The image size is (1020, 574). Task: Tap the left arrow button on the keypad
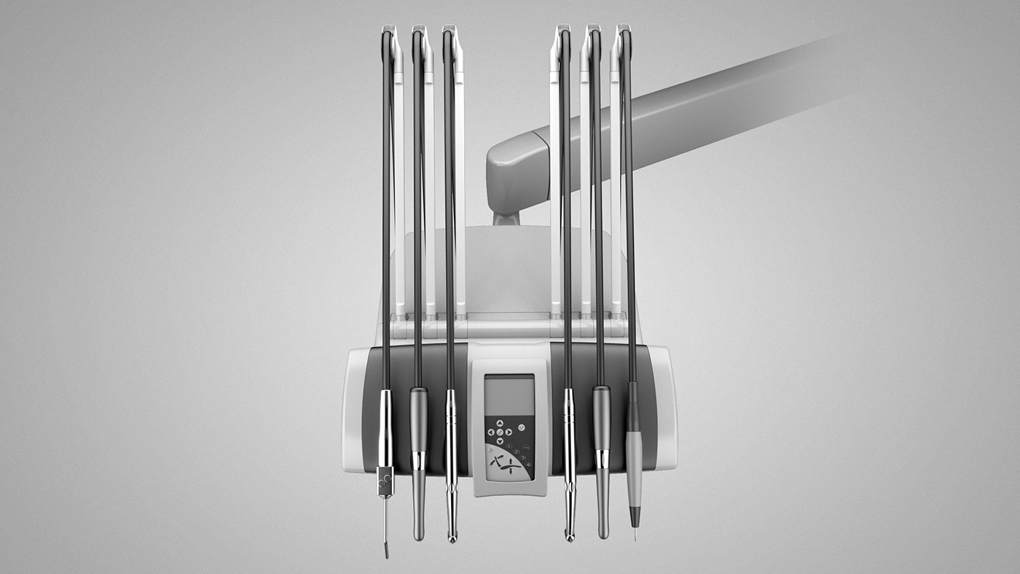(490, 432)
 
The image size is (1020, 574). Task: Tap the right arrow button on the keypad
(509, 432)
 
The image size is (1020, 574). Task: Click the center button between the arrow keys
(500, 432)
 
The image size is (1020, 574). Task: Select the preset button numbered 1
(509, 446)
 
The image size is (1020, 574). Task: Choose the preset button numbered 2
(517, 452)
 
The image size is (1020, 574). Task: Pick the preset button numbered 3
(523, 458)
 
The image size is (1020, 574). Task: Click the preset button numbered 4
(527, 465)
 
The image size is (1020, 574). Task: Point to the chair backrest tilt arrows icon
(498, 460)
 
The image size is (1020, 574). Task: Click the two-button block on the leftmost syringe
(385, 481)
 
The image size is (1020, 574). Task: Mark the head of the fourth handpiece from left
(570, 537)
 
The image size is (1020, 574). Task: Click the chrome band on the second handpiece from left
(418, 460)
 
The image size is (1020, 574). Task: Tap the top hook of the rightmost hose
(624, 33)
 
